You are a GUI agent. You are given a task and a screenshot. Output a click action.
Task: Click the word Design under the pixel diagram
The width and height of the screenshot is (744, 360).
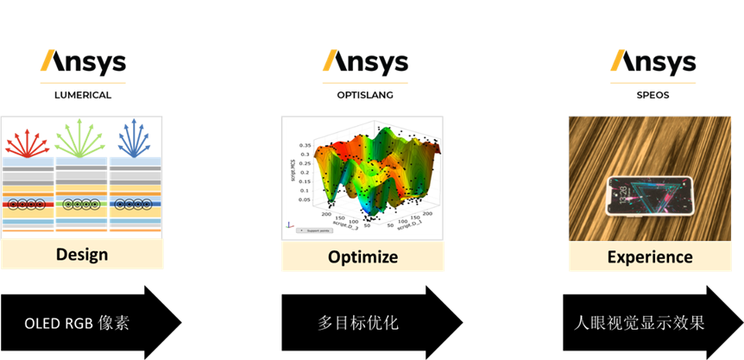pos(82,254)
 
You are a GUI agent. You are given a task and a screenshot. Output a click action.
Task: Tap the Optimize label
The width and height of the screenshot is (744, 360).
pos(363,256)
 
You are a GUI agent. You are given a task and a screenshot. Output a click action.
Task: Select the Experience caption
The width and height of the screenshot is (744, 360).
pos(649,256)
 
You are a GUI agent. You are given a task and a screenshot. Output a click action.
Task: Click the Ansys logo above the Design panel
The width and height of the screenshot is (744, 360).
pos(84,63)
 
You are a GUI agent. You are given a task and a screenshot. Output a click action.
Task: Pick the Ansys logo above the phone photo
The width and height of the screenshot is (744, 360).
pos(653,61)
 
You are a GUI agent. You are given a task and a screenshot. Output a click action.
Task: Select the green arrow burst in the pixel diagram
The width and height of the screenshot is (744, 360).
pos(80,136)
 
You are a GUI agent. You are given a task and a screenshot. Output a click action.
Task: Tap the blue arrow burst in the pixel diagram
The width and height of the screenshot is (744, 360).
pos(134,138)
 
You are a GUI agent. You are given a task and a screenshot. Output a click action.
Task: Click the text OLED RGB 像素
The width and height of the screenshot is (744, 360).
pos(77,324)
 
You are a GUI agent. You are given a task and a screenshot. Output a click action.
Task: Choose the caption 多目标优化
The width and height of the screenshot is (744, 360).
pos(358,324)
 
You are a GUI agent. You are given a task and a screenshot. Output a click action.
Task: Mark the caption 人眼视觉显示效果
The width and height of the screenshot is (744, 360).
pos(640,324)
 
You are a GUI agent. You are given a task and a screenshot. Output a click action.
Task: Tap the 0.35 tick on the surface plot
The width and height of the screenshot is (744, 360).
pos(305,146)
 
